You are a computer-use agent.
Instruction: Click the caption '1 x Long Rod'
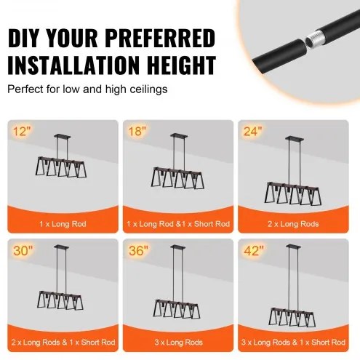pos(63,224)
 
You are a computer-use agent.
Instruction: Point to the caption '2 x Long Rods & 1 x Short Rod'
pos(63,343)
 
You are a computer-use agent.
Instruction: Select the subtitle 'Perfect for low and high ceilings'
pos(87,89)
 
